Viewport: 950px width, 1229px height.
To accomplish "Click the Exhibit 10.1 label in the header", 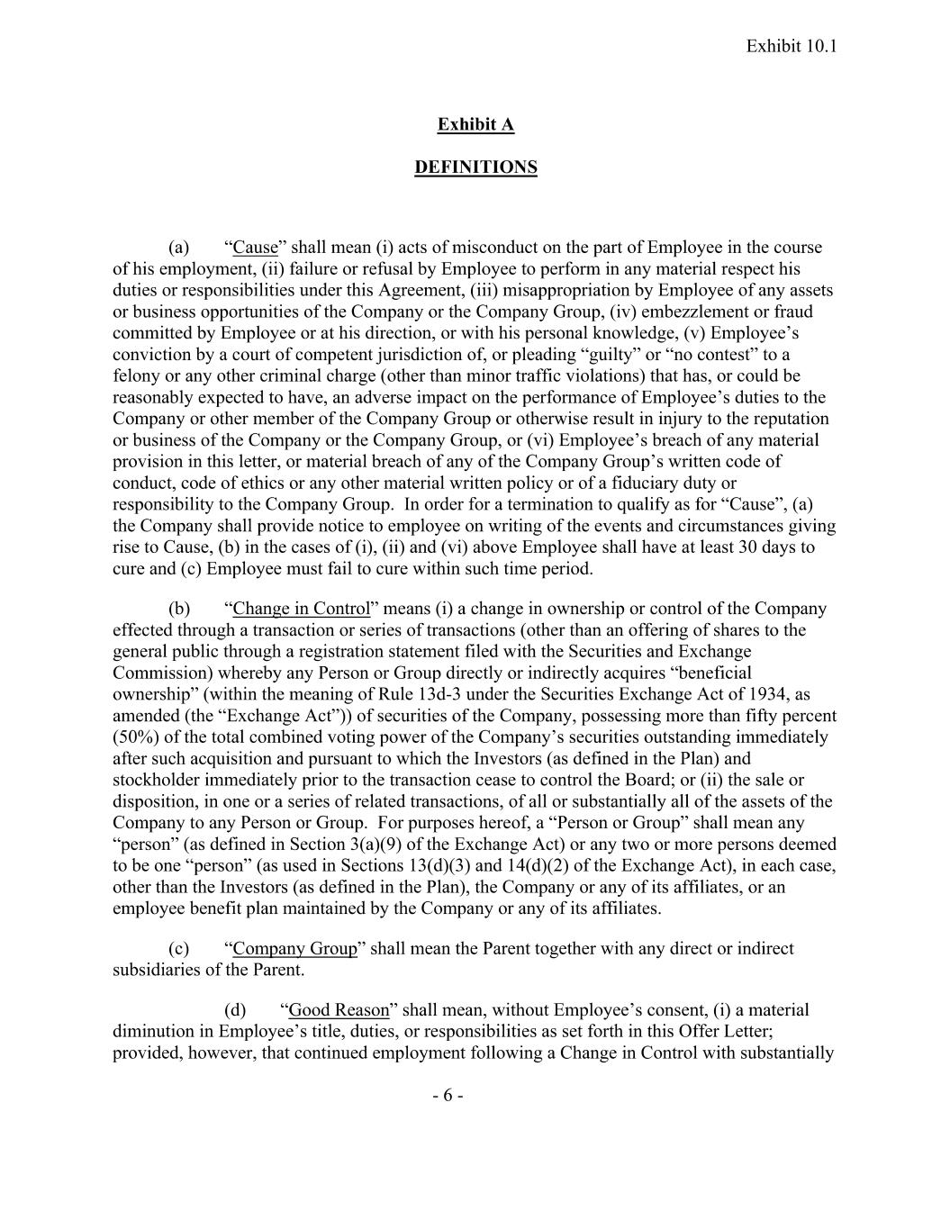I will tap(792, 46).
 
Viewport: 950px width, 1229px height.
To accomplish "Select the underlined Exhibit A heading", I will tap(475, 124).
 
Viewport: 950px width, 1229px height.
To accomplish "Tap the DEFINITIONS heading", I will tap(475, 167).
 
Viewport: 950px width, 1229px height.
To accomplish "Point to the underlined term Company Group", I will tap(294, 948).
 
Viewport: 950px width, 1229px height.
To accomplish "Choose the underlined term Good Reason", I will tap(339, 1010).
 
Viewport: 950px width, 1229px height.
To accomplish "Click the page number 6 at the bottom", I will tap(448, 1096).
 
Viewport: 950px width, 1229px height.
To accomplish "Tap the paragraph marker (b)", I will tap(179, 609).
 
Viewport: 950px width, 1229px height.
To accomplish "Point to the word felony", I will tap(136, 375).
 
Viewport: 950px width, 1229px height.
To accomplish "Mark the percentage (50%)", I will tap(134, 736).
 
